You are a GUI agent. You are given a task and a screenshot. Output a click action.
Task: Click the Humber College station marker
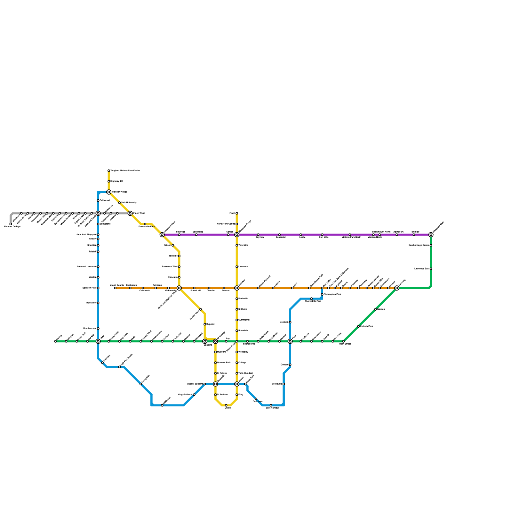(11, 224)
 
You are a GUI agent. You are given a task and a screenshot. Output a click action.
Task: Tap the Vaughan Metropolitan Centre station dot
(109, 171)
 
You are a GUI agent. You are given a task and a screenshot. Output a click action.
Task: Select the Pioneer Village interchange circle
(109, 192)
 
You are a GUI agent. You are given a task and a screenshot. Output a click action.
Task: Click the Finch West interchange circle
(130, 213)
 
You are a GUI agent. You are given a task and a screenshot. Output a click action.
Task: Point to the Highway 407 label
(117, 181)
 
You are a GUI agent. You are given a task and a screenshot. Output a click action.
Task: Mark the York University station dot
(119, 203)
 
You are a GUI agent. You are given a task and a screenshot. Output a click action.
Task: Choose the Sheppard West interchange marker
(162, 235)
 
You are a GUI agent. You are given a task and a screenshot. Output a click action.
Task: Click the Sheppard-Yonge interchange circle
(237, 235)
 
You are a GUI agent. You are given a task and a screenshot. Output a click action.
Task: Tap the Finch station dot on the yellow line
(237, 213)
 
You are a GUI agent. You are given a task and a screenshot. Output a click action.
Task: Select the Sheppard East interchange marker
(431, 235)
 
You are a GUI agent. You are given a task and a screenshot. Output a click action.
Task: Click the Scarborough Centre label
(419, 245)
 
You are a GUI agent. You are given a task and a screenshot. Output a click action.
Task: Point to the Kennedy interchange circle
(397, 288)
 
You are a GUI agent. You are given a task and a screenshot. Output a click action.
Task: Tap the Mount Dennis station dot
(115, 288)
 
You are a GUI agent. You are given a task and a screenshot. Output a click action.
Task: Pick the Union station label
(228, 408)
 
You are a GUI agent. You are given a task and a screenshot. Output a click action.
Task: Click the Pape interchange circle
(290, 341)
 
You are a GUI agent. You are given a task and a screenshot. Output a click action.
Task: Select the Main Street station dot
(343, 341)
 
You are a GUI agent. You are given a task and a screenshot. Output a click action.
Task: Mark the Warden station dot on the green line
(375, 309)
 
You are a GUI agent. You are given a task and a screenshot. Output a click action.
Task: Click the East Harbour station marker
(271, 405)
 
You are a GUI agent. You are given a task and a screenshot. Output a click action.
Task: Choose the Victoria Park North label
(351, 237)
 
